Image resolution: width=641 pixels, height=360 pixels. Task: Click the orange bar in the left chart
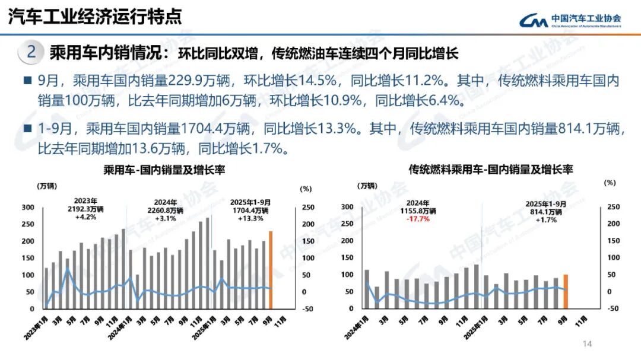point(271,270)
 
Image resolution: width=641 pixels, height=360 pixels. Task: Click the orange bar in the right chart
point(566,292)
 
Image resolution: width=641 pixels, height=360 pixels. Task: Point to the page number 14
point(588,344)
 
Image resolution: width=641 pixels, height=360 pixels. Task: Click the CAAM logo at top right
point(570,20)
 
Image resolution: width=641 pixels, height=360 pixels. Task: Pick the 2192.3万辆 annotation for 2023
point(87,209)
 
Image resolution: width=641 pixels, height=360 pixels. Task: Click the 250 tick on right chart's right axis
point(613,207)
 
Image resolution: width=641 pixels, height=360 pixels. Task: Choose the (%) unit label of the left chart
point(305,189)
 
